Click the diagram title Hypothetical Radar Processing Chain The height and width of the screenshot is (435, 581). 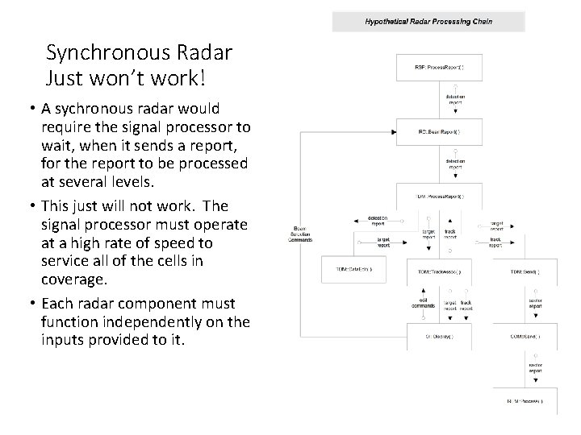[428, 21]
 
